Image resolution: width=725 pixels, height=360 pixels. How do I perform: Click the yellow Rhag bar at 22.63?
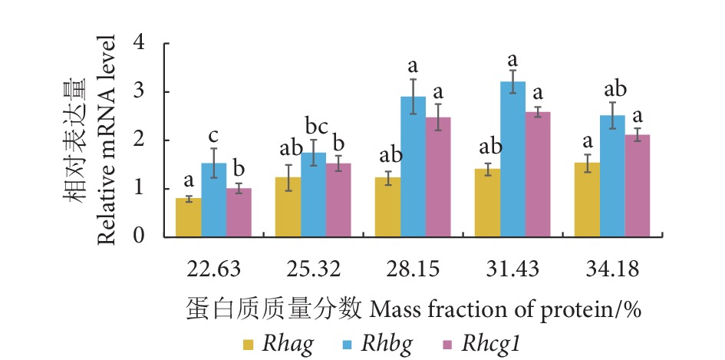point(189,217)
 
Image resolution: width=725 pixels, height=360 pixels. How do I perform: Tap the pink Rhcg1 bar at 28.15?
point(438,177)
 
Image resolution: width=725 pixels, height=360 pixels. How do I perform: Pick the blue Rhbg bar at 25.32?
point(313,195)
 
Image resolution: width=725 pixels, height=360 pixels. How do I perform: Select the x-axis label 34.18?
point(613,269)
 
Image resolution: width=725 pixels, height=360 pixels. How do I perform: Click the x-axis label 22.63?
point(213,269)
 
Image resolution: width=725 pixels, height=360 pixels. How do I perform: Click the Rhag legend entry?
point(288,344)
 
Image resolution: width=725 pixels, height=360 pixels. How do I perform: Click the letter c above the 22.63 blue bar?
point(214,137)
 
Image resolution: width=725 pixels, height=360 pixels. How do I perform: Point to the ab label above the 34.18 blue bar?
point(612,88)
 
